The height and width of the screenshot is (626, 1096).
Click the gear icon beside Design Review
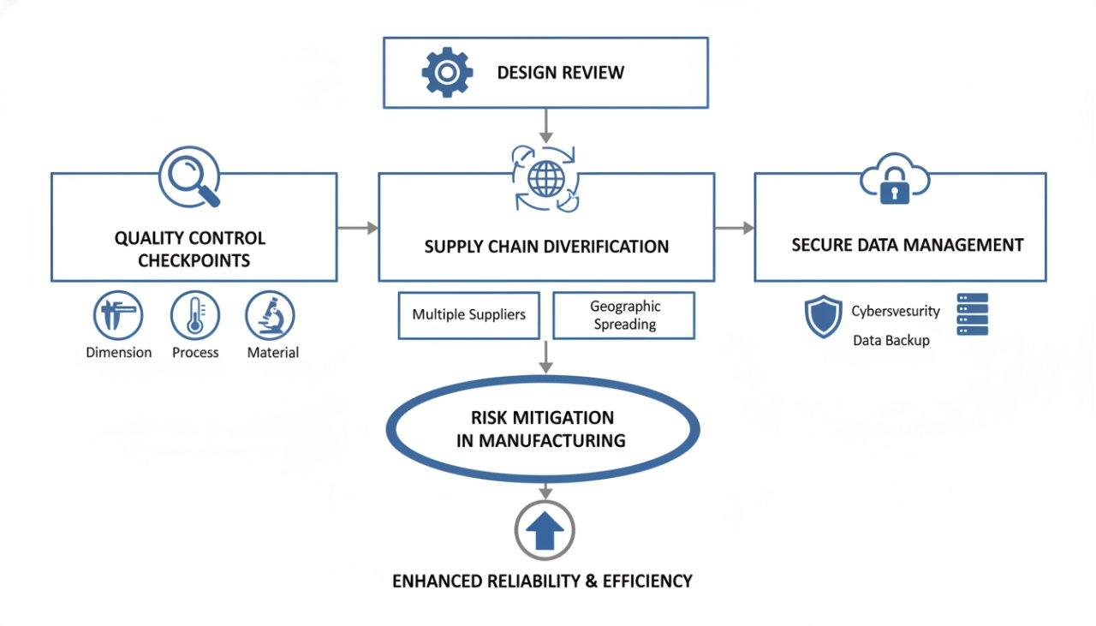446,73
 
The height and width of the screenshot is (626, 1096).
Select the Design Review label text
561,73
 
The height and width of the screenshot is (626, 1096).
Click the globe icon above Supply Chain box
545,178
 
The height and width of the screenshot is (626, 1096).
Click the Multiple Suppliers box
469,315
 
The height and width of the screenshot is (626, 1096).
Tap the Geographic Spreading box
624,315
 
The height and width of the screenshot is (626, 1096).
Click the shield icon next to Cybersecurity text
824,317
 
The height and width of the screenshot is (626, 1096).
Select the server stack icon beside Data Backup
972,314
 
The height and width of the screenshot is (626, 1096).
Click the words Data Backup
890,341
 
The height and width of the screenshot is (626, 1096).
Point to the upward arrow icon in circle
545,532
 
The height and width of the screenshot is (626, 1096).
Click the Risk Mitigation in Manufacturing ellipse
543,429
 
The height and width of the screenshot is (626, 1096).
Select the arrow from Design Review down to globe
545,126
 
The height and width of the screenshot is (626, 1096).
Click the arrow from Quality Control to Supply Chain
357,228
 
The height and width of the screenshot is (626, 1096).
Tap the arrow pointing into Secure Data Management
735,228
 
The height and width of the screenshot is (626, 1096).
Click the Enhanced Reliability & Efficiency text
542,581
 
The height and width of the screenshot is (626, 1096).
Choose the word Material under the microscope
272,353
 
